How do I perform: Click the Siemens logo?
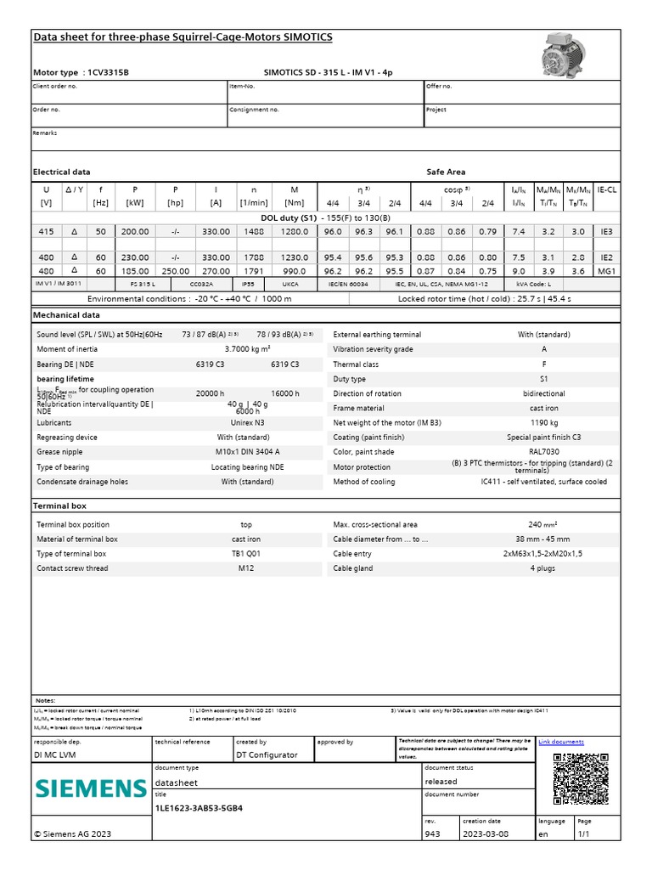click(x=91, y=788)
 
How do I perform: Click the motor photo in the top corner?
click(x=570, y=54)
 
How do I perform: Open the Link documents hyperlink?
click(x=561, y=742)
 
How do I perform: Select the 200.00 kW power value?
click(x=134, y=231)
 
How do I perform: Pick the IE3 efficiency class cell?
click(x=606, y=231)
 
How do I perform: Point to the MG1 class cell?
click(x=606, y=270)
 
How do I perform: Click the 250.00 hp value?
click(x=175, y=270)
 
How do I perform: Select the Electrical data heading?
click(x=61, y=172)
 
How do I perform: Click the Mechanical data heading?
click(x=66, y=315)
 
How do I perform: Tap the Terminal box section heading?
click(x=59, y=506)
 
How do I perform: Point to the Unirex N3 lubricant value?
click(x=247, y=422)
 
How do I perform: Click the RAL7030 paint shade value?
click(x=544, y=452)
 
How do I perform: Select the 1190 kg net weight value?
click(x=544, y=422)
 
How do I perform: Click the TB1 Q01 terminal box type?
click(x=246, y=554)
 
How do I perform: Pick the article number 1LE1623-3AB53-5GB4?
click(x=200, y=808)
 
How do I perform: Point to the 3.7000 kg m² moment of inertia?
click(x=247, y=349)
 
